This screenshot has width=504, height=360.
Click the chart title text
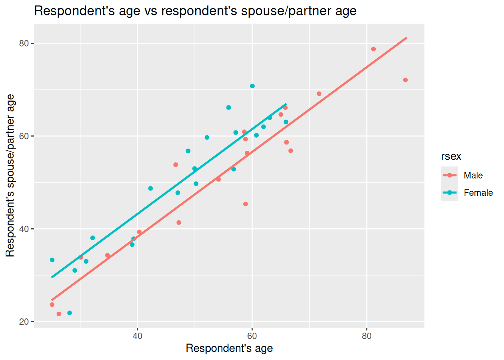[x=195, y=11]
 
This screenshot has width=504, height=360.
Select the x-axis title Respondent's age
[x=229, y=348]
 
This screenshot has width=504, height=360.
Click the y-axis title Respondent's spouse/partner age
[x=10, y=175]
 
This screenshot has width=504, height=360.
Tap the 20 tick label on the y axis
[x=24, y=322]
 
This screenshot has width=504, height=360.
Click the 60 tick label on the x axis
[x=252, y=336]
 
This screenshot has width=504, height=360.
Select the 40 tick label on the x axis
[x=138, y=336]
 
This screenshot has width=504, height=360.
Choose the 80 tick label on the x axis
[x=367, y=336]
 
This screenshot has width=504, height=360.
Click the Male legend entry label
[x=473, y=175]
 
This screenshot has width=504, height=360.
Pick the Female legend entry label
[x=478, y=193]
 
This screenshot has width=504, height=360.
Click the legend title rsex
[x=451, y=156]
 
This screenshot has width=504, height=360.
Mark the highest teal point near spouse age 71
[x=252, y=86]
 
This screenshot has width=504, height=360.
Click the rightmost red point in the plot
[x=405, y=80]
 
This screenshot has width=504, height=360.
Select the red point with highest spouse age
[x=373, y=49]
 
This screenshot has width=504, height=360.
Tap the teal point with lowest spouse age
[x=69, y=313]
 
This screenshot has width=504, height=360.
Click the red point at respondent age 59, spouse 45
[x=246, y=204]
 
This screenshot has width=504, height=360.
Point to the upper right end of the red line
[x=406, y=37]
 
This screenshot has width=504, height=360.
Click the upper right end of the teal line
[x=286, y=104]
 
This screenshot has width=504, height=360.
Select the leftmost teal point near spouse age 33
[x=52, y=260]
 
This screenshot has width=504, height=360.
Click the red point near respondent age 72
[x=319, y=94]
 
